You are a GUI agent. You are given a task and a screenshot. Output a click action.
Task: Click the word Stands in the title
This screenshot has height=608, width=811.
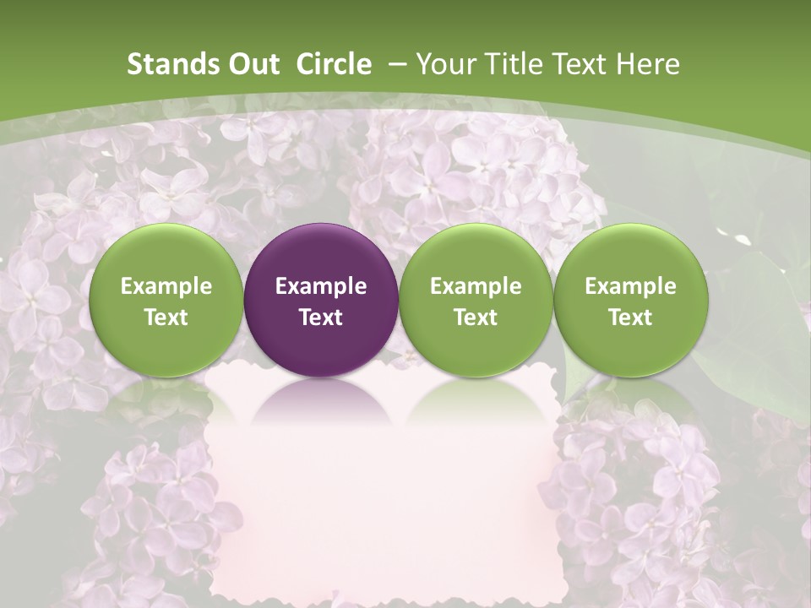click(x=172, y=64)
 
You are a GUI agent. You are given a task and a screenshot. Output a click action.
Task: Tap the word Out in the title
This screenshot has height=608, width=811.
click(x=253, y=64)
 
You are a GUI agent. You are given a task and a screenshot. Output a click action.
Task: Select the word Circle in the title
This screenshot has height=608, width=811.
click(x=334, y=64)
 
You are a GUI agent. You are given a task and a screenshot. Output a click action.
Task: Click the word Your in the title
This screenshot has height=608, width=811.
click(x=446, y=64)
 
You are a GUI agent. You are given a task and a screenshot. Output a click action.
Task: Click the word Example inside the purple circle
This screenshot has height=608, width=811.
click(x=321, y=286)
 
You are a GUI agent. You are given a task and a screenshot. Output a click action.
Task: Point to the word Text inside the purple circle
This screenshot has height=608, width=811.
click(x=321, y=318)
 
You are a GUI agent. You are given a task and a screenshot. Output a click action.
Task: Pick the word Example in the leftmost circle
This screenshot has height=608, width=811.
click(x=166, y=286)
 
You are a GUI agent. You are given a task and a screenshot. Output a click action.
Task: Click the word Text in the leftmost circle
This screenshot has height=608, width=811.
click(x=166, y=318)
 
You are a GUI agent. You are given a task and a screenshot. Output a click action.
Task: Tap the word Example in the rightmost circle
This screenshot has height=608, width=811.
click(x=630, y=286)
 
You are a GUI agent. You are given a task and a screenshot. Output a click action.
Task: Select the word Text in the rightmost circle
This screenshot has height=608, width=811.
click(x=630, y=318)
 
